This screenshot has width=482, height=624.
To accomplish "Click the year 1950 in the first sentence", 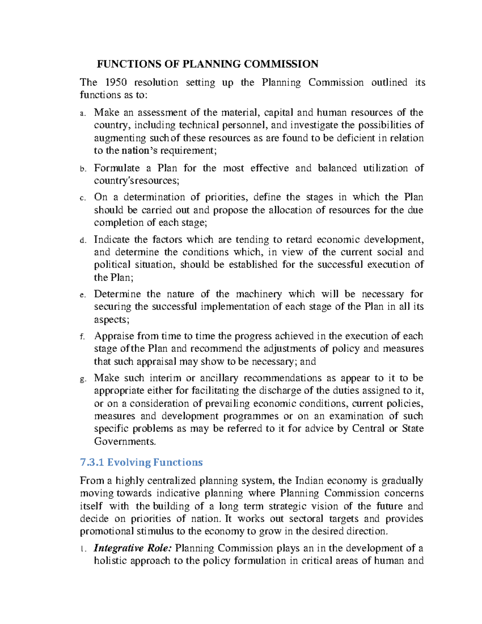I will [116, 82].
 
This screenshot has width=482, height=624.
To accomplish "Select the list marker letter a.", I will [82, 114].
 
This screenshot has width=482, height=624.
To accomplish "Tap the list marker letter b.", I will [82, 169].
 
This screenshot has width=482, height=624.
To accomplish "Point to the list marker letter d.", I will [82, 240].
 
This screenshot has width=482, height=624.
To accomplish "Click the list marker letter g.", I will [82, 379].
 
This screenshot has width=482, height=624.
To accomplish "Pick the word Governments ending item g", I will [124, 442].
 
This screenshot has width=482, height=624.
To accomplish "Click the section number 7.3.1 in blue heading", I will [92, 462].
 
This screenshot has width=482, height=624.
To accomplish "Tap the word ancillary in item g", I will [219, 378].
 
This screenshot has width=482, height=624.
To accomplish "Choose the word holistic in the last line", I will [110, 561].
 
